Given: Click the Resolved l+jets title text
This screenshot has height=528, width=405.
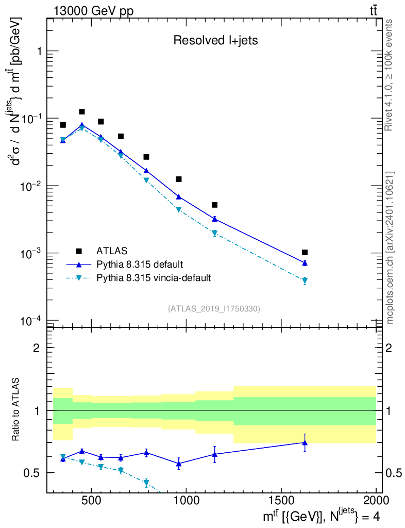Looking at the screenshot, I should click(x=215, y=41).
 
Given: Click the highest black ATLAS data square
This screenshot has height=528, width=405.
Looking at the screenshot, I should click(x=81, y=111).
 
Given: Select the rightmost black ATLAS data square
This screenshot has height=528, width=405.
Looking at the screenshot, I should click(x=305, y=252).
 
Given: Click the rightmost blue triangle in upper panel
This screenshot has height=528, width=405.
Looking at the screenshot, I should click(x=305, y=263).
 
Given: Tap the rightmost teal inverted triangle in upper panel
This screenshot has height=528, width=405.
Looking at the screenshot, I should click(x=305, y=281).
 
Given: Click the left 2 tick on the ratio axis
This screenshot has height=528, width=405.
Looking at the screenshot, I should click(x=37, y=348).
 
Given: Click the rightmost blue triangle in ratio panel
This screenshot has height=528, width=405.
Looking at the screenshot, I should click(x=305, y=442).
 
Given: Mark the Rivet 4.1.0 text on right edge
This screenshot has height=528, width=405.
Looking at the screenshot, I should click(x=390, y=75).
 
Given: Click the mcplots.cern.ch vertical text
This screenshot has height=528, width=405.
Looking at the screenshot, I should click(x=390, y=247).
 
